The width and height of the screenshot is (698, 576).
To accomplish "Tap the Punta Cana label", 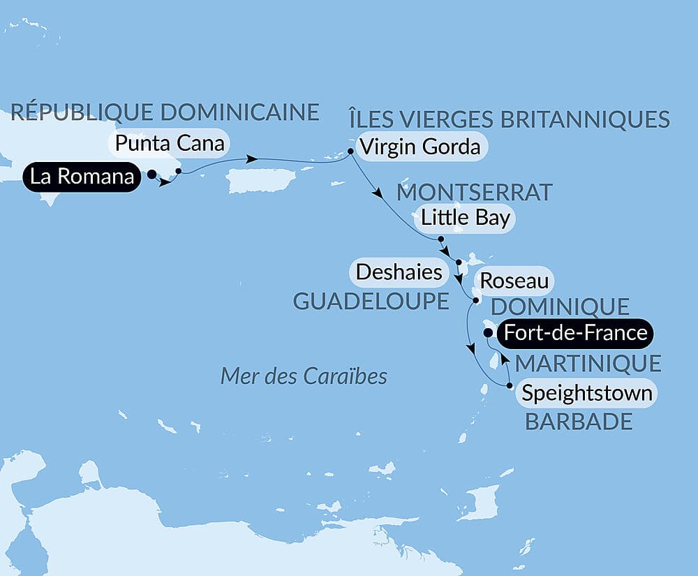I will click(x=170, y=144).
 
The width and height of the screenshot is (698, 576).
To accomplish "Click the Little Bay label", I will click(x=465, y=219).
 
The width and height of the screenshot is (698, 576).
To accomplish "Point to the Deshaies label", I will click(x=399, y=272).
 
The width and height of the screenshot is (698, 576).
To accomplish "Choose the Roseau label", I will click(x=513, y=283).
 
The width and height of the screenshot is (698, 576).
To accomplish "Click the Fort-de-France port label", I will click(x=575, y=333).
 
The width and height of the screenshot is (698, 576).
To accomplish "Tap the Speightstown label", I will click(x=587, y=394).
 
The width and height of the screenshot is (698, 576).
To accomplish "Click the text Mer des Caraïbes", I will click(x=304, y=376).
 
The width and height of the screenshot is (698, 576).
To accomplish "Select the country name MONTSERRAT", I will click(x=475, y=191).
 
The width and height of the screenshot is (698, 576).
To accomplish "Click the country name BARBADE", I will click(x=579, y=422).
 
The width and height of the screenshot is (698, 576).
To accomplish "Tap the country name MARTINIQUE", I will click(x=587, y=363).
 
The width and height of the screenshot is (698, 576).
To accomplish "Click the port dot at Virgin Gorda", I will click(x=350, y=152).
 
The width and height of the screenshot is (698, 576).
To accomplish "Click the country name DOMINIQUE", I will click(x=560, y=307).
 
